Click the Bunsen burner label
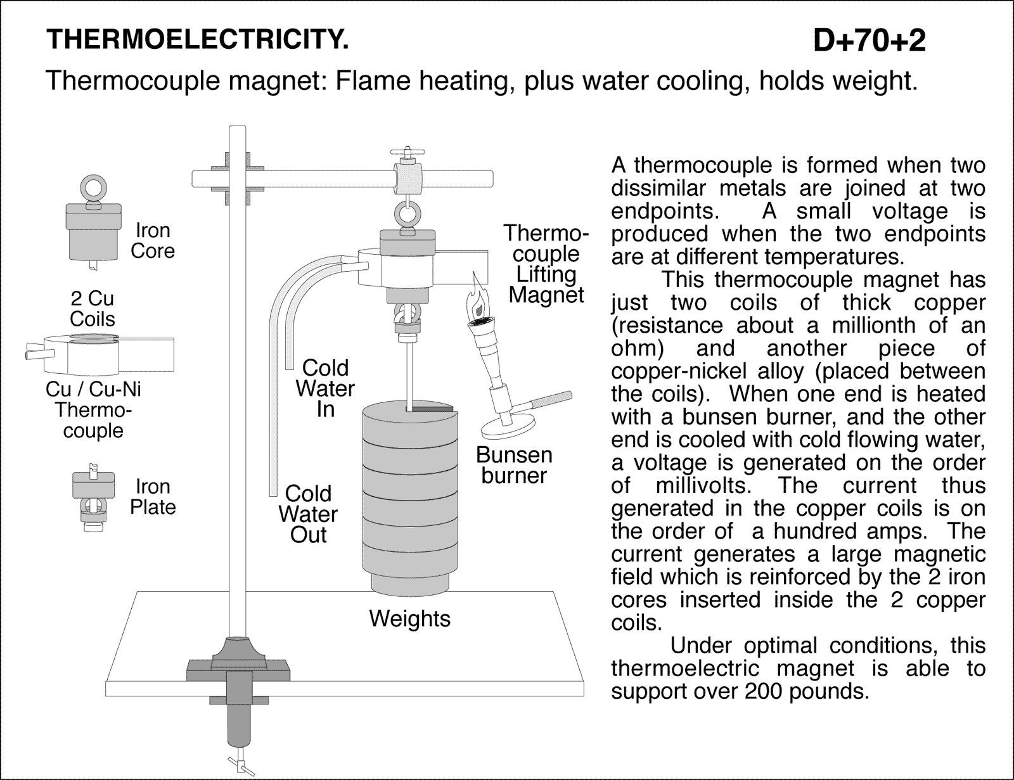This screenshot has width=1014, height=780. pyautogui.click(x=514, y=465)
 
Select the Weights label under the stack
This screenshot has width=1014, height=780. pyautogui.click(x=409, y=618)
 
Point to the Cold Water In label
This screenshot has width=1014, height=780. pyautogui.click(x=325, y=388)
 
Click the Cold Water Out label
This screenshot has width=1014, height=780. pyautogui.click(x=308, y=514)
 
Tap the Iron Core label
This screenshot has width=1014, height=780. pyautogui.click(x=152, y=241)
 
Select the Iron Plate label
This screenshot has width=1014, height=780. pyautogui.click(x=153, y=497)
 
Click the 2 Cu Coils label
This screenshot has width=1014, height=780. pyautogui.click(x=93, y=308)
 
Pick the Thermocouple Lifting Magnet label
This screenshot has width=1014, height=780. pyautogui.click(x=545, y=264)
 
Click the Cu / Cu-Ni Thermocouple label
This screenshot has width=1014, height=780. pyautogui.click(x=93, y=409)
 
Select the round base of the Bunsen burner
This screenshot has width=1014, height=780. pyautogui.click(x=508, y=428)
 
